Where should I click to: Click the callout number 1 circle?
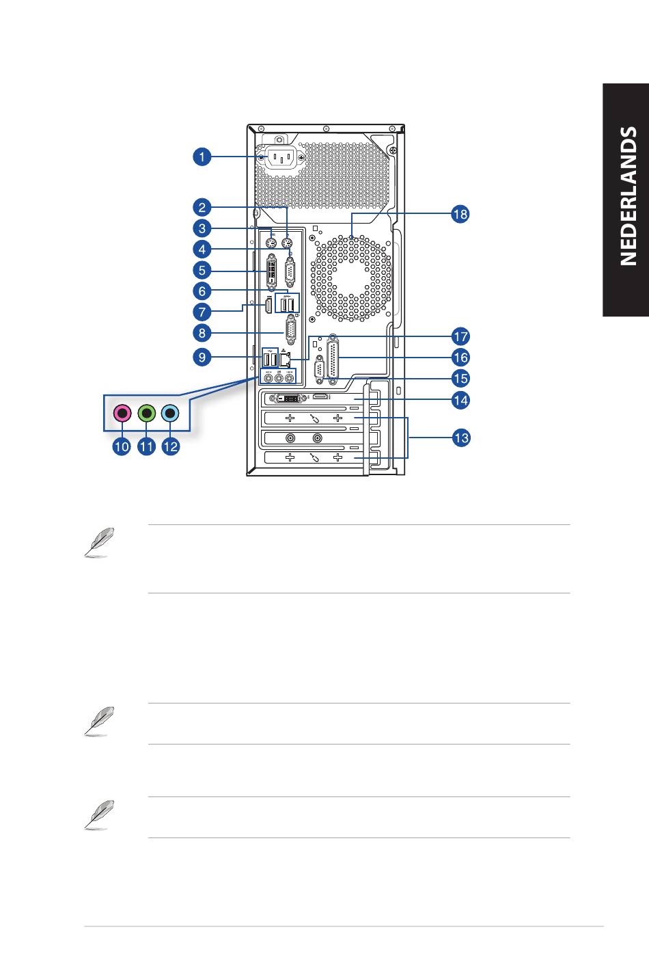pyautogui.click(x=202, y=157)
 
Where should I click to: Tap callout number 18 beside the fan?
pyautogui.click(x=460, y=214)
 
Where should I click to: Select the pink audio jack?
pyautogui.click(x=122, y=412)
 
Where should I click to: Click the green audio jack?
pyautogui.click(x=147, y=412)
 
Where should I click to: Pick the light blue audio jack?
pyautogui.click(x=170, y=412)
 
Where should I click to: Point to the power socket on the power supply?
pyautogui.click(x=281, y=157)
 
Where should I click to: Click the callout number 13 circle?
pyautogui.click(x=461, y=438)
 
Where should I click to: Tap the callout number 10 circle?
pyautogui.click(x=122, y=446)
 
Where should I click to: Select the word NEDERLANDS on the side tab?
pyautogui.click(x=628, y=196)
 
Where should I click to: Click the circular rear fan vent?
pyautogui.click(x=351, y=278)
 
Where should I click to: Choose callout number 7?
pyautogui.click(x=202, y=312)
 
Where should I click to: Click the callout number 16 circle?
pyautogui.click(x=460, y=358)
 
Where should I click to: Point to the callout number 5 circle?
pyautogui.click(x=202, y=270)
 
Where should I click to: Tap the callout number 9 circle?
pyautogui.click(x=202, y=358)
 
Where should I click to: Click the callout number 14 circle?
pyautogui.click(x=460, y=401)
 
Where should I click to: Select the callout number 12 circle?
pyautogui.click(x=171, y=446)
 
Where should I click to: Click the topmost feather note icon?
pyautogui.click(x=100, y=542)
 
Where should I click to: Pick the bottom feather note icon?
pyautogui.click(x=100, y=815)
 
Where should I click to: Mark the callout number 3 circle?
pyautogui.click(x=202, y=228)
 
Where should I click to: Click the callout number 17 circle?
pyautogui.click(x=460, y=336)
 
